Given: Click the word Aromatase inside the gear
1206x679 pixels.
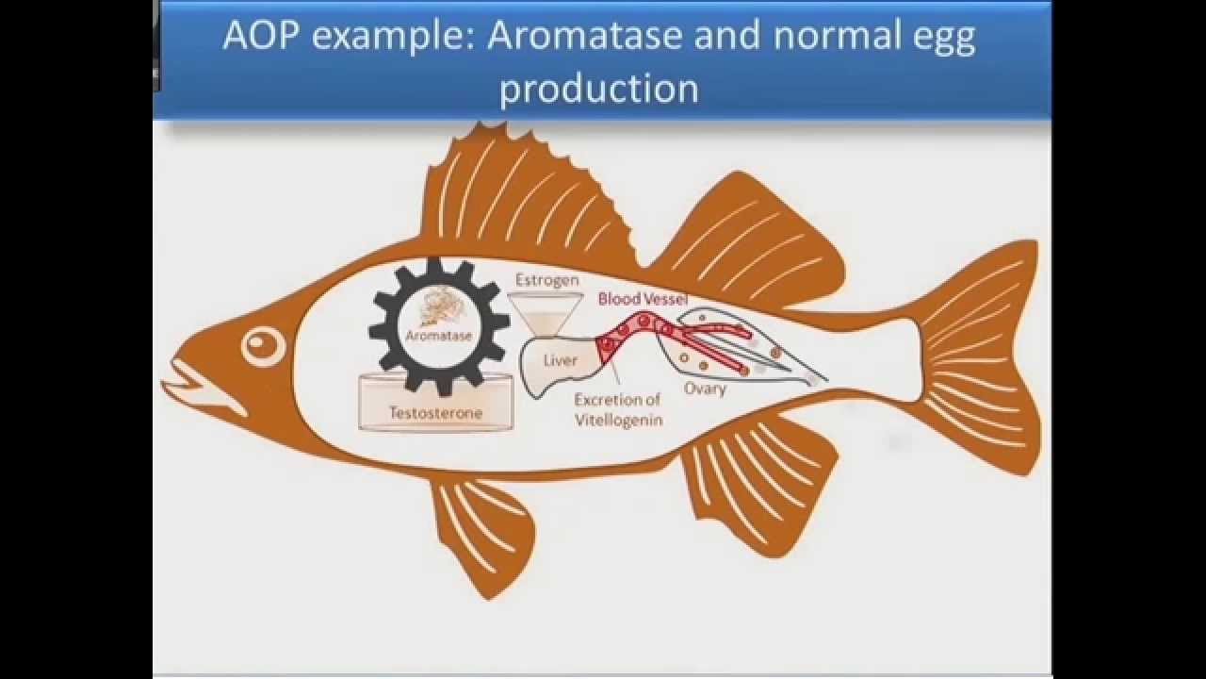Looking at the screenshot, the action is pyautogui.click(x=438, y=336).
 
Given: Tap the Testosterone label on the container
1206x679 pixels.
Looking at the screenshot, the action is pyautogui.click(x=435, y=413).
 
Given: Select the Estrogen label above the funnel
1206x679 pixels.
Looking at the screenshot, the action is pyautogui.click(x=547, y=281).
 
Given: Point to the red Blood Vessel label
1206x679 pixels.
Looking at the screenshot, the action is pyautogui.click(x=643, y=299).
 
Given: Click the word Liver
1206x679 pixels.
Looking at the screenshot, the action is pyautogui.click(x=560, y=360).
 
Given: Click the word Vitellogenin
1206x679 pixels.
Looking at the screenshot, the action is pyautogui.click(x=619, y=420).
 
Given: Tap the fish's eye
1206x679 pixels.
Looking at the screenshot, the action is pyautogui.click(x=263, y=345).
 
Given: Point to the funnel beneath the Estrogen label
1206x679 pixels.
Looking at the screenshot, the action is pyautogui.click(x=546, y=315).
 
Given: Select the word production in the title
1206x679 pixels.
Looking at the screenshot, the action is pyautogui.click(x=598, y=89).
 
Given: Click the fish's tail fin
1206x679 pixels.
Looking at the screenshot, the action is pyautogui.click(x=974, y=356).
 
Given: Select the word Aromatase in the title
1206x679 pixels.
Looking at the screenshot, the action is pyautogui.click(x=584, y=36).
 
